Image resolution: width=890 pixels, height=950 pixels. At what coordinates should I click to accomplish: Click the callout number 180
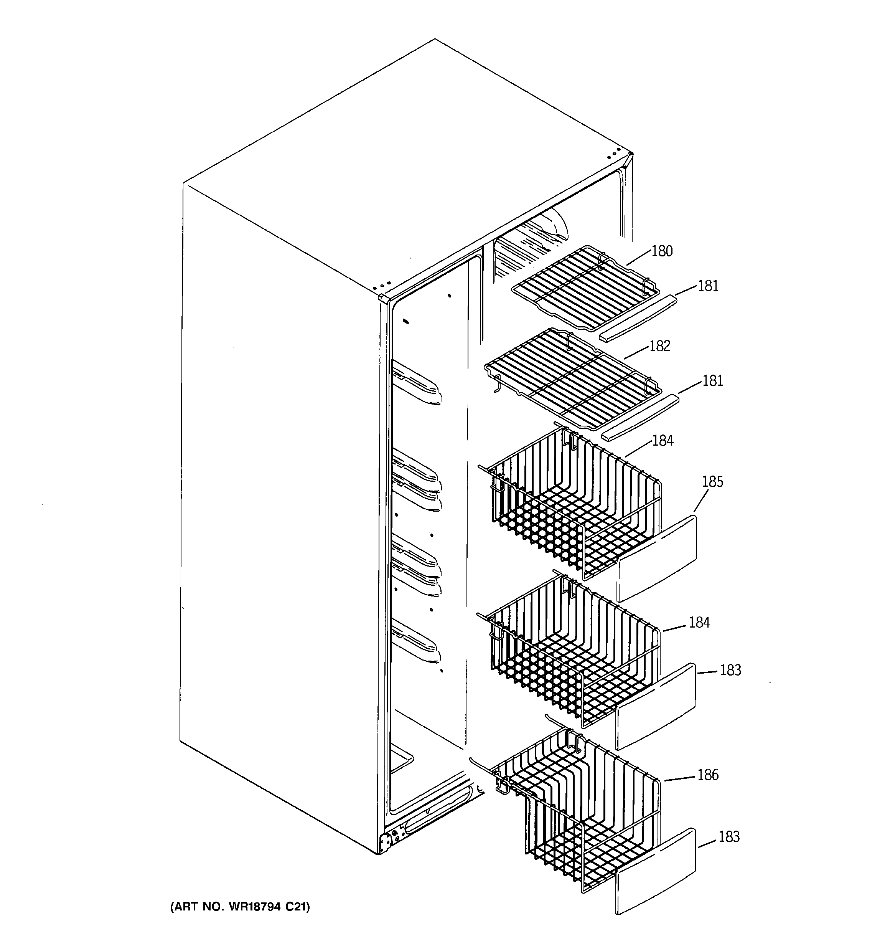pos(662,251)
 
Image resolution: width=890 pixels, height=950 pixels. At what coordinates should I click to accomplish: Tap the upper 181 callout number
pos(708,286)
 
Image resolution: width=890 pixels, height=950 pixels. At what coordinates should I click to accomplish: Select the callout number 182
pos(660,346)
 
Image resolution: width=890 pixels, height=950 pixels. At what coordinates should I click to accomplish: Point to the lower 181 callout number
pos(712,381)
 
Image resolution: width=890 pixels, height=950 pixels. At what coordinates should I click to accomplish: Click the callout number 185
pos(712,482)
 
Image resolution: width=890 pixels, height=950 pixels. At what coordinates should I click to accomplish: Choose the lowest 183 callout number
pos(728,836)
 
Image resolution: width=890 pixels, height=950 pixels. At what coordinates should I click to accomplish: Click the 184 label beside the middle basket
pos(699,622)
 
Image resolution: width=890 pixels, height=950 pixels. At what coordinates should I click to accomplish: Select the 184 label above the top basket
pos(663,440)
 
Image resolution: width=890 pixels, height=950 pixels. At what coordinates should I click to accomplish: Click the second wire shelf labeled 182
pos(573,378)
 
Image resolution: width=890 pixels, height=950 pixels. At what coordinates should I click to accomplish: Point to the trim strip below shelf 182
pos(641,416)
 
